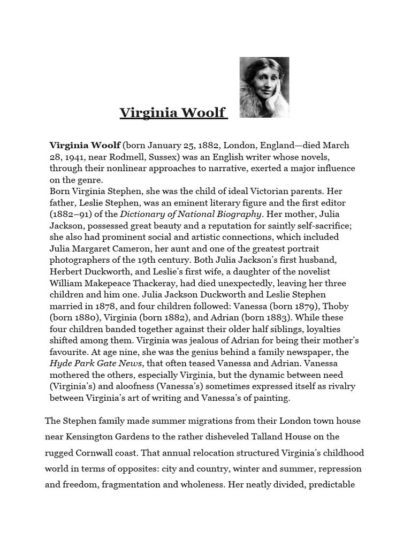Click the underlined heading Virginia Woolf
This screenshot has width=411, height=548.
[173, 113]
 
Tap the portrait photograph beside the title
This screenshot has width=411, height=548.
[264, 87]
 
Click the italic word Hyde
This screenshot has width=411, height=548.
[60, 363]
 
